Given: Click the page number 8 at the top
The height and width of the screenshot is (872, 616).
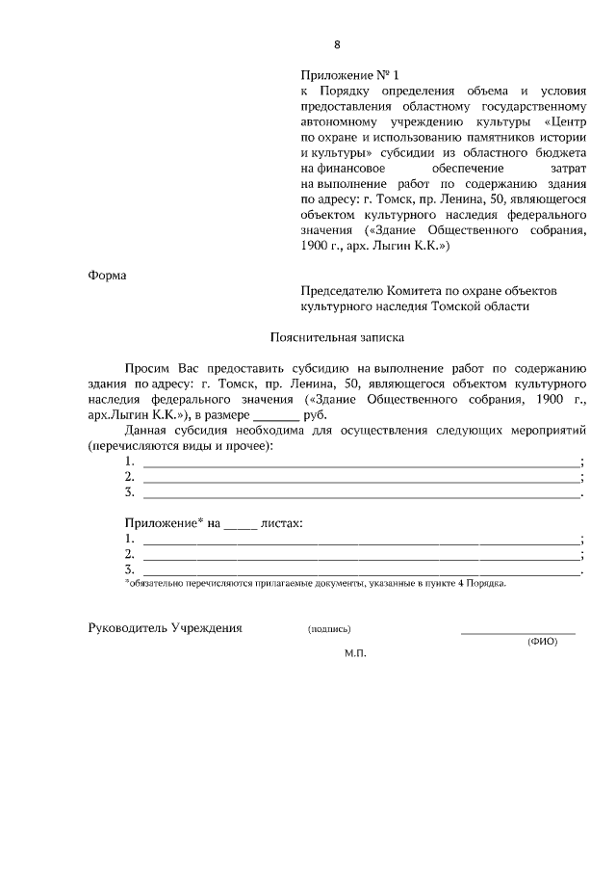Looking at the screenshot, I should [x=338, y=44].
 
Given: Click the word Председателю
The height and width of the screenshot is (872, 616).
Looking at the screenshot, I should [x=343, y=290].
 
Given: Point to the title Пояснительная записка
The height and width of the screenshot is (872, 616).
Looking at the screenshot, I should [x=337, y=338].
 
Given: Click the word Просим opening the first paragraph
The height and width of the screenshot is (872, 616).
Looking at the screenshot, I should [x=147, y=369].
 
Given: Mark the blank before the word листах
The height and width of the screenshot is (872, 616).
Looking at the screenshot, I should [x=242, y=526].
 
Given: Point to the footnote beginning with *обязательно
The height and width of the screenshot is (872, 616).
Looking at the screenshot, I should [x=316, y=583].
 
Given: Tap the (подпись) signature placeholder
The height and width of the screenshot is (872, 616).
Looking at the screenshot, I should [x=329, y=629].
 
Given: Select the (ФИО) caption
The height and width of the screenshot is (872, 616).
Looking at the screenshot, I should [x=542, y=643].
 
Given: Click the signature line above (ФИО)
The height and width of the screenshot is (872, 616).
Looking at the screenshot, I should [x=518, y=633].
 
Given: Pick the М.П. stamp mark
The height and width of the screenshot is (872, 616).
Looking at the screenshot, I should [x=356, y=652].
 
